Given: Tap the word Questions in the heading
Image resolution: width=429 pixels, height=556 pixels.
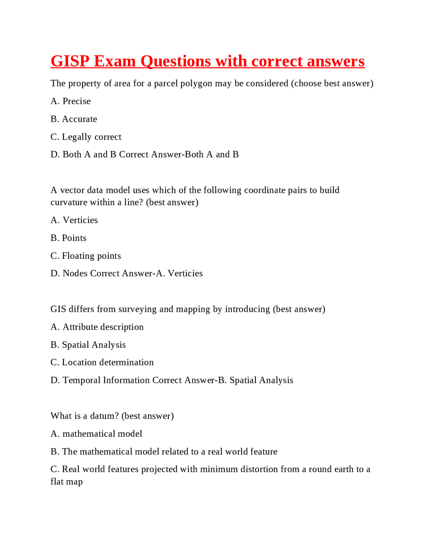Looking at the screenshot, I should pyautogui.click(x=176, y=61).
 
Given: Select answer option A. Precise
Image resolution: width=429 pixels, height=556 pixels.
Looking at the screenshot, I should pyautogui.click(x=71, y=101).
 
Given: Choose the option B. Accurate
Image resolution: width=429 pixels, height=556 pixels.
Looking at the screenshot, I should pyautogui.click(x=74, y=119).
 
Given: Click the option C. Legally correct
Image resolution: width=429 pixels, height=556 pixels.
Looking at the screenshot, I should pyautogui.click(x=86, y=137).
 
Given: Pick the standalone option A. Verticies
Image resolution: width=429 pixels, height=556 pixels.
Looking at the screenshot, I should pyautogui.click(x=74, y=220).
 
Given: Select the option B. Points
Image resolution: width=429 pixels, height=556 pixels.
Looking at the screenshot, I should pyautogui.click(x=68, y=238).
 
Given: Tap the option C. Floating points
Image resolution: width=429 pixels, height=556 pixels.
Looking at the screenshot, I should pyautogui.click(x=85, y=256).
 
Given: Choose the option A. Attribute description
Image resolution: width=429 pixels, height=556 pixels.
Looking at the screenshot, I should pyautogui.click(x=97, y=327).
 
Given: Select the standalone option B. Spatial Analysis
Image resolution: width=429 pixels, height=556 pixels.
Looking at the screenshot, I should pyautogui.click(x=88, y=345).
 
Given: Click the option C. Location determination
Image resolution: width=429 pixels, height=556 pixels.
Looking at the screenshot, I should pyautogui.click(x=102, y=363).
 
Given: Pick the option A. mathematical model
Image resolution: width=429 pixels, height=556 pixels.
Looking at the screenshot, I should pyautogui.click(x=96, y=434).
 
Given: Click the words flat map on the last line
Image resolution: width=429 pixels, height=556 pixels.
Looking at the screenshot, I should pyautogui.click(x=66, y=482).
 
